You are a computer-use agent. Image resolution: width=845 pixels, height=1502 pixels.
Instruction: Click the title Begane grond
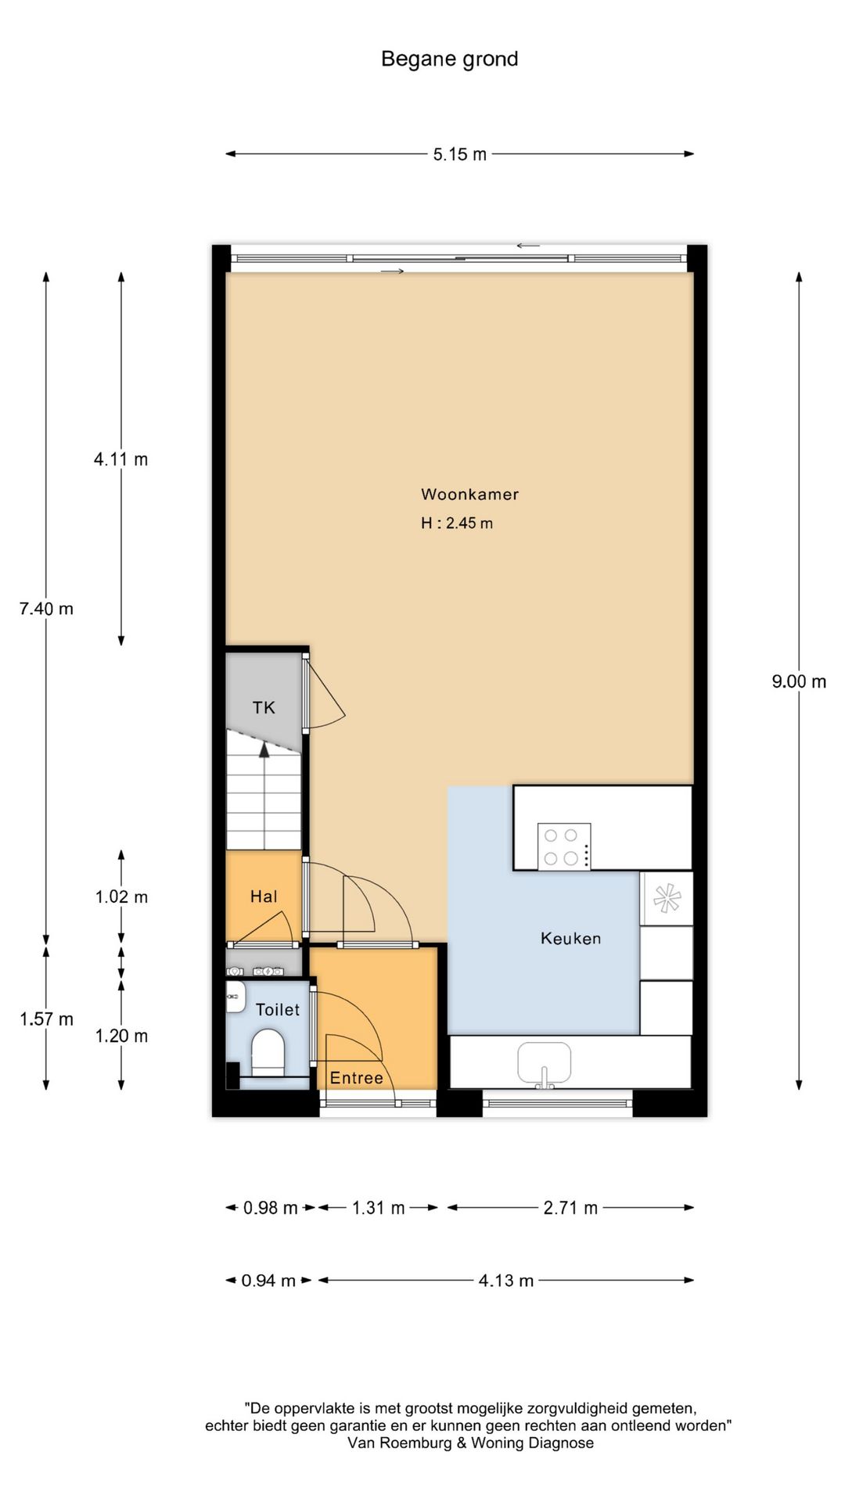tap(449, 59)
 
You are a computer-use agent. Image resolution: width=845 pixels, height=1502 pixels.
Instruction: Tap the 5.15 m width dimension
tap(459, 154)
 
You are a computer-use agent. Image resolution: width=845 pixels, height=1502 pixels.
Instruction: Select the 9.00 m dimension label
tap(798, 681)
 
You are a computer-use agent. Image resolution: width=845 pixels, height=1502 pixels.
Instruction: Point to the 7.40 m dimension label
tap(46, 609)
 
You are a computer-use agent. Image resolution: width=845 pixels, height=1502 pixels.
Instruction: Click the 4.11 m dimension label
tap(120, 459)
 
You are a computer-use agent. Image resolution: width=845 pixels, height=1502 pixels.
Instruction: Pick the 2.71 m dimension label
tap(570, 1208)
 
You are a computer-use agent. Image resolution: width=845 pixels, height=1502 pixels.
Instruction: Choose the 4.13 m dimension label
tap(505, 1281)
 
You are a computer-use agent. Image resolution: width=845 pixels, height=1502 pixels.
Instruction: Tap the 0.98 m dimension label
tap(270, 1208)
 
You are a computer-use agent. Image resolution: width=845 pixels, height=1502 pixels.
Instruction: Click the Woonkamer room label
tap(469, 494)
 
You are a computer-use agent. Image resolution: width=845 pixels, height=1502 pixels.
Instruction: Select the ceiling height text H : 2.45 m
tap(457, 523)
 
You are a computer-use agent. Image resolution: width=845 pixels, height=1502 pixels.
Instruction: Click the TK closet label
tap(264, 708)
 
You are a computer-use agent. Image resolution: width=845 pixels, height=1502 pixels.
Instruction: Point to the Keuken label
tap(570, 938)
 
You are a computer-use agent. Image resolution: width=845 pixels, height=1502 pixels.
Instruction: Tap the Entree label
tap(356, 1078)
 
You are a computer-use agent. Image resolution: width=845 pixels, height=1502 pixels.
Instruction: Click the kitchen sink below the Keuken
tap(544, 1062)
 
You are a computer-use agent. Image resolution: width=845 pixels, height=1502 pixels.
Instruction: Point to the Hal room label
tap(264, 897)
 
